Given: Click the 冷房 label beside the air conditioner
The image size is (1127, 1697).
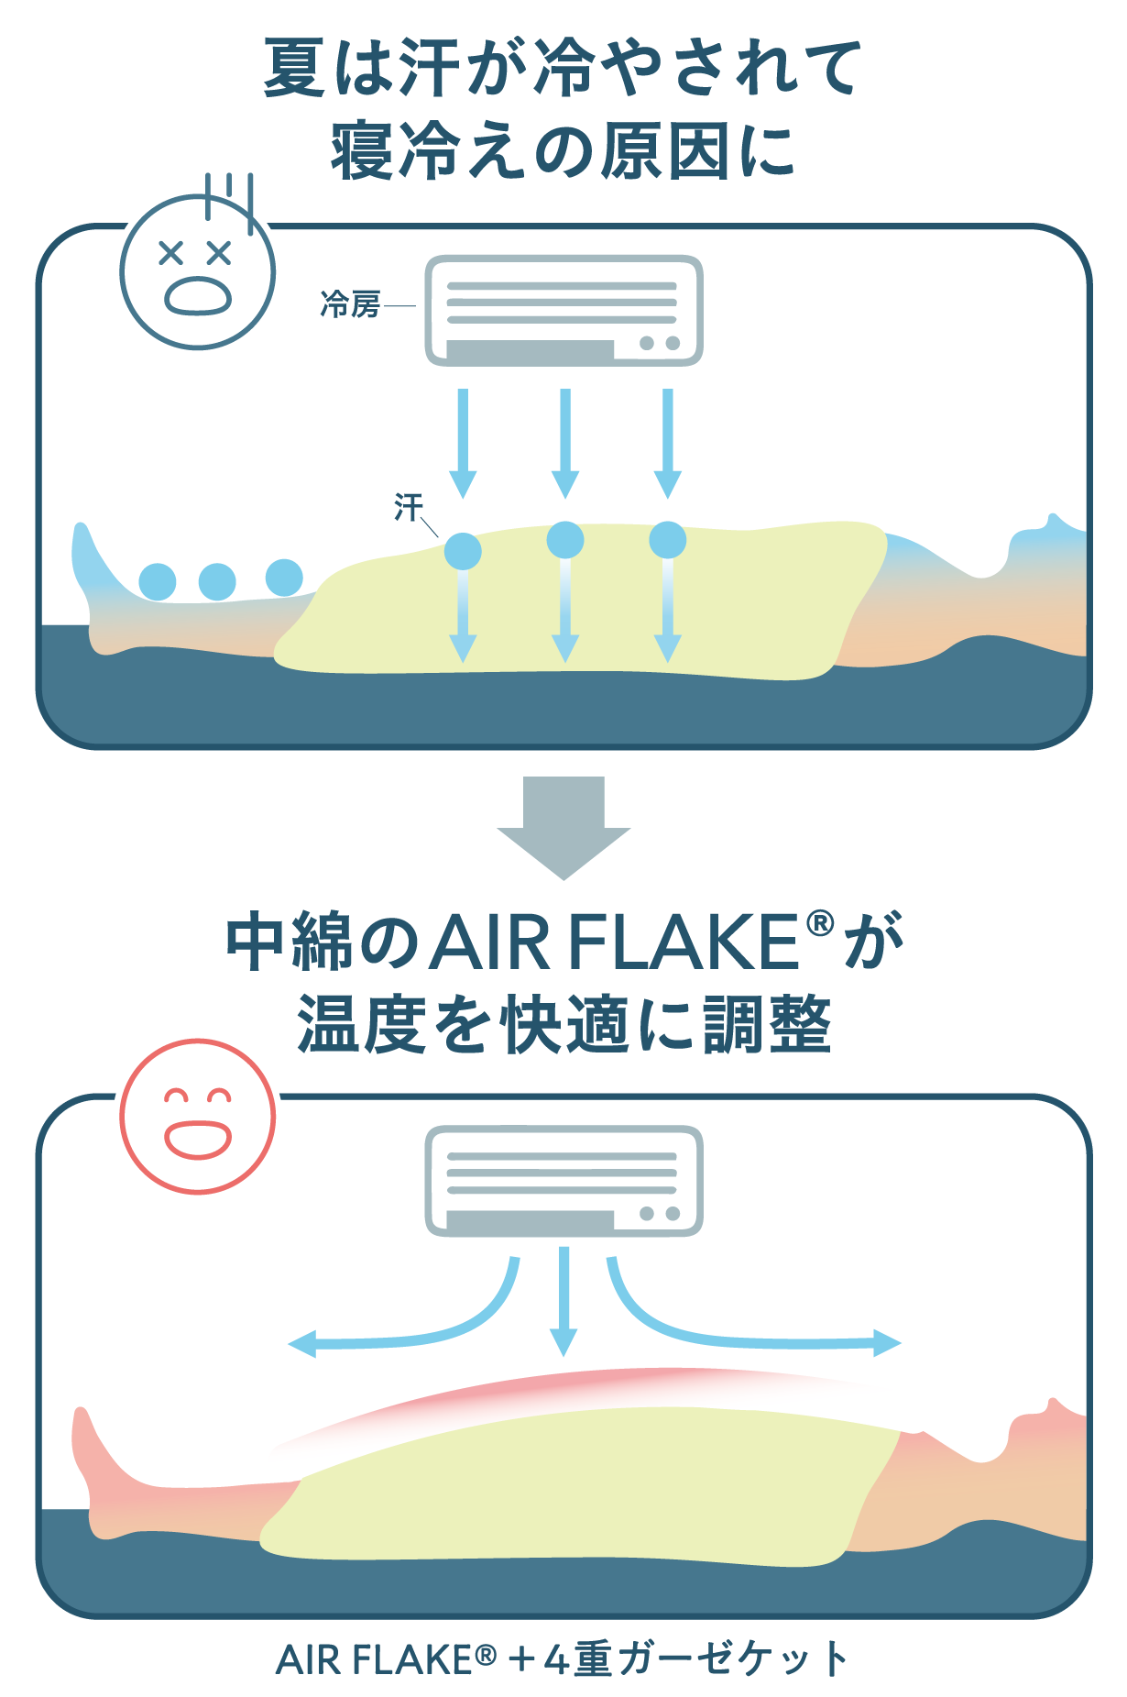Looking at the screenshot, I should pos(350,304).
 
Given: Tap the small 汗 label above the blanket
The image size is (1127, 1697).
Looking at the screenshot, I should pos(409,506).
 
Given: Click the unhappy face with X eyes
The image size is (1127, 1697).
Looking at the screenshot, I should pos(197,271).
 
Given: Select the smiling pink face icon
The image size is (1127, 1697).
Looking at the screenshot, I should pos(197,1117).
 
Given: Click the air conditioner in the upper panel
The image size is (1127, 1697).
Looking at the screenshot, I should pos(563,310).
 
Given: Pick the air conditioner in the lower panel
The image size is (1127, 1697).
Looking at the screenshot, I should pos(563,1181).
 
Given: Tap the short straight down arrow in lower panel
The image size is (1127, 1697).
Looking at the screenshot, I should pos(563,1302).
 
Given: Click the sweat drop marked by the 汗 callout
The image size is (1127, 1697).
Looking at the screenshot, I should pos(463,551).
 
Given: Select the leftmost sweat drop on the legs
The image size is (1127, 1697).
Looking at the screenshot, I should pos(158,581).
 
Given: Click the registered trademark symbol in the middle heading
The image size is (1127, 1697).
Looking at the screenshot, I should pos(820,923).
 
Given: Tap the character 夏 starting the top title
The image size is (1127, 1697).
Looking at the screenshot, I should pos(295,68).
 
